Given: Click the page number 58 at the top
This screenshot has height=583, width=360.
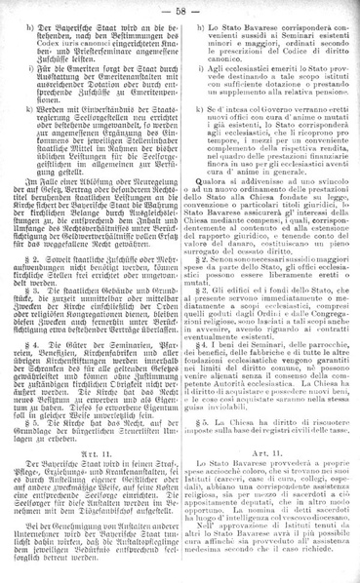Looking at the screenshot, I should (180, 9).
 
